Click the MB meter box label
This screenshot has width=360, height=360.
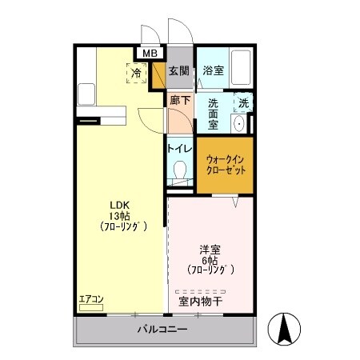point(150,54)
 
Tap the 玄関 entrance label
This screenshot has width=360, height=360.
point(178,70)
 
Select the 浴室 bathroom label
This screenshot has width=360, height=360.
point(213,70)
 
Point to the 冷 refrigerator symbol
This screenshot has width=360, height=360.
point(137,73)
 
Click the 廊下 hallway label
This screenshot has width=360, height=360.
point(180,100)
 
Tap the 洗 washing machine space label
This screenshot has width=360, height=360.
point(243,102)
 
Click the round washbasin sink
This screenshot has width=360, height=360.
point(238,124)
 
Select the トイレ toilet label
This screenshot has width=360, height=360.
point(179,149)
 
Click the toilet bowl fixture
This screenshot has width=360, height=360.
point(180,170)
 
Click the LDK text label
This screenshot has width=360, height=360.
point(120,205)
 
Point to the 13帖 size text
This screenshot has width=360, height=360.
point(120,216)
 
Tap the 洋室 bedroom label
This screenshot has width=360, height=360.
point(210,249)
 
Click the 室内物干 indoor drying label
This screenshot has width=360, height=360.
point(201,302)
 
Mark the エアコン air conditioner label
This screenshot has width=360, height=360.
point(91,300)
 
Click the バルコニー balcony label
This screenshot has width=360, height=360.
point(162,330)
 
